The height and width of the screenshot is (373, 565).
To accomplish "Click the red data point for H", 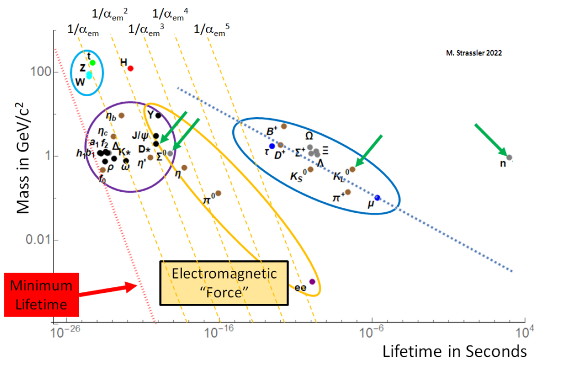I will coord(131,68).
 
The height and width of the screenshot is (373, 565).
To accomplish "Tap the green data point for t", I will coord(93,62).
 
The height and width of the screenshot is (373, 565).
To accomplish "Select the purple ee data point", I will coord(312,282).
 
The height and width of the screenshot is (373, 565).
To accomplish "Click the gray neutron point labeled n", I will coord(509,157).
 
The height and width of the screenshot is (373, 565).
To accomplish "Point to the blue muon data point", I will coord(377,197).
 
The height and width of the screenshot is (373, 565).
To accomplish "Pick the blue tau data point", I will coord(272,146).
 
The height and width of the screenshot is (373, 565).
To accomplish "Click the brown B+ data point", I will coord(284,127).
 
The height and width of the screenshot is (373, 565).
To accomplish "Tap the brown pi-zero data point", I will coord(218,193).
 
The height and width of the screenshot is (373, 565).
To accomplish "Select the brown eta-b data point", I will coord(121,115).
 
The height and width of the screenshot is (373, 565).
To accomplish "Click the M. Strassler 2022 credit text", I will coord(474,54).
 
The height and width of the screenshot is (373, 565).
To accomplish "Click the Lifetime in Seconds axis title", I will coord(455,351).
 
